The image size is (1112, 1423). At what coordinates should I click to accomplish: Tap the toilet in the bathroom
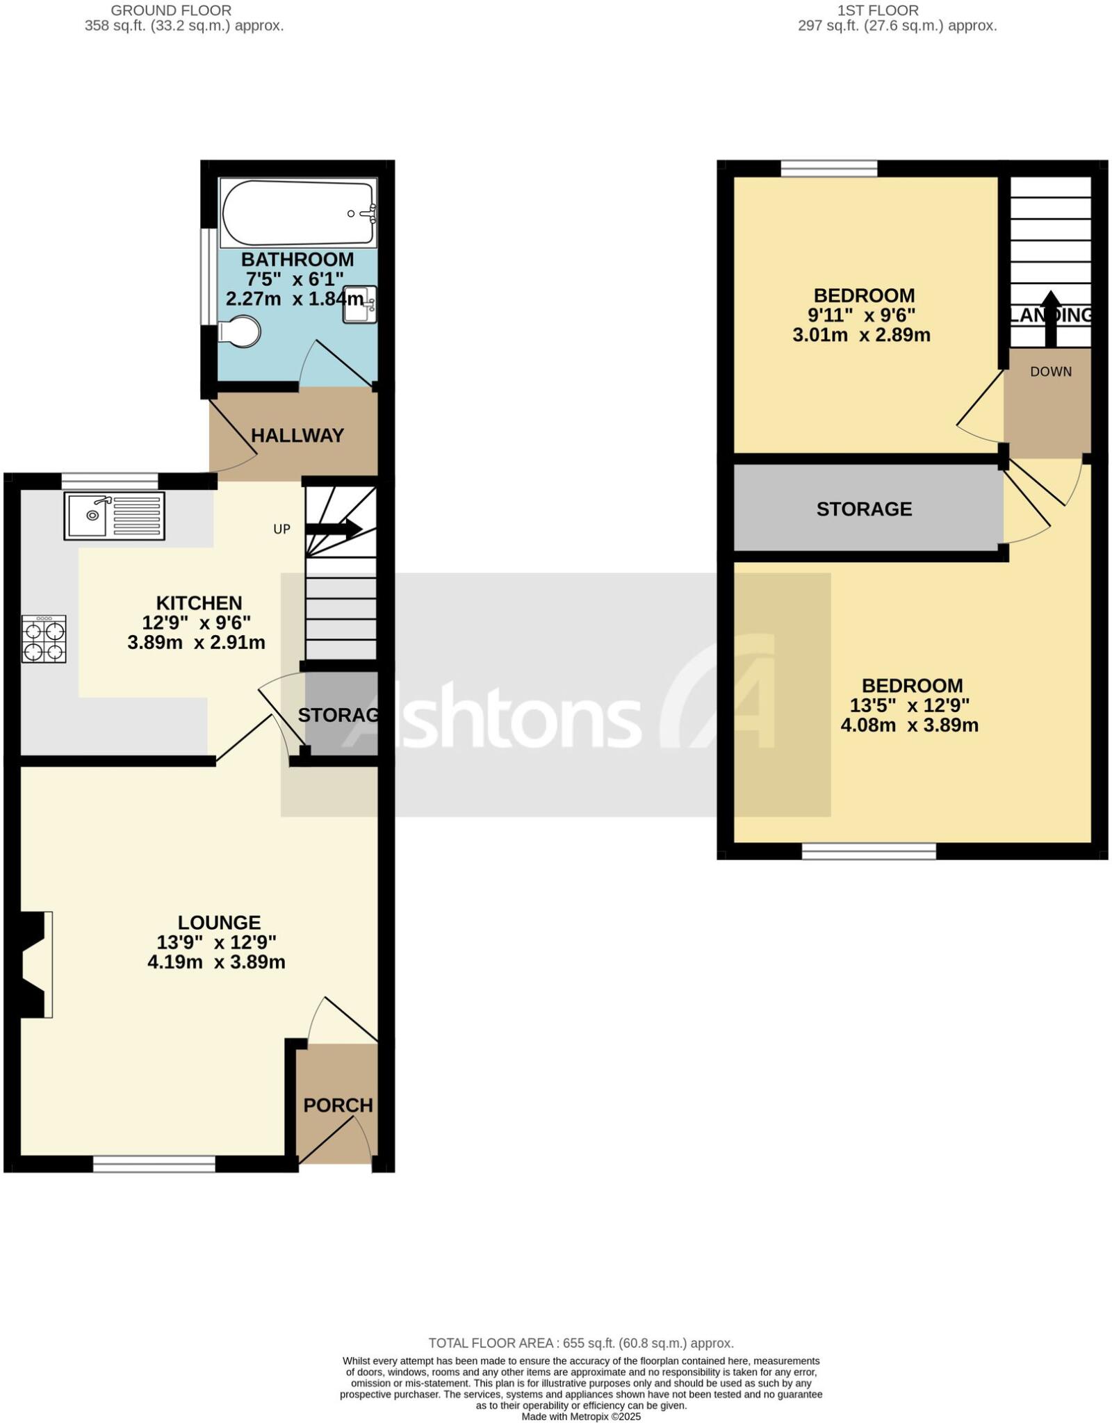point(239,331)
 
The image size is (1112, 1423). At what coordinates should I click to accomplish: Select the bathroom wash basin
point(359,304)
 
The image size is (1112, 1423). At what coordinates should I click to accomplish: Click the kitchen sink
point(115,516)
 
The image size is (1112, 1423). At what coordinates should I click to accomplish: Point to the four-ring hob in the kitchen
point(44,639)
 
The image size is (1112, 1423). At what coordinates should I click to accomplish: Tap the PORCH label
point(338,1104)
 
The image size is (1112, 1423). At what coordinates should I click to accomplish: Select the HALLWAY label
point(297,436)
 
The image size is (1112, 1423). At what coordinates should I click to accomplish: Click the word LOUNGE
point(219,922)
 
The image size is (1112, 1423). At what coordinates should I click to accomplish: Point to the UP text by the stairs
point(281,529)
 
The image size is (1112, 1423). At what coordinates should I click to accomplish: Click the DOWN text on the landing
point(1050,372)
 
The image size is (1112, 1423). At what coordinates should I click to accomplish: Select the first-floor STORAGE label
point(864,509)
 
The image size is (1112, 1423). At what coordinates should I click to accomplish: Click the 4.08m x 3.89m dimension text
point(909,725)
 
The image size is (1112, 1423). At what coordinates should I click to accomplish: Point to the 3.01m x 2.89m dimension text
point(861,335)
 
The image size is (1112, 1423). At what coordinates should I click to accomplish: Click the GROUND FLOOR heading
point(171,10)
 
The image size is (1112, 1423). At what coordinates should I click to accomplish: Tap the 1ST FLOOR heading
point(878,10)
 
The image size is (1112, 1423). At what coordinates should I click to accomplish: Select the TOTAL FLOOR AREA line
point(581,1343)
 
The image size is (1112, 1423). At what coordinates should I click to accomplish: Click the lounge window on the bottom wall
point(154,1164)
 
